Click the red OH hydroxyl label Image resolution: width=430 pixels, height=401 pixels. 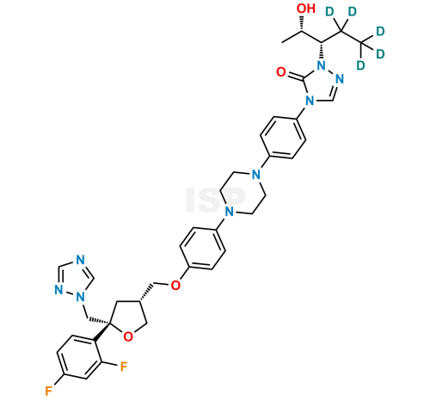click(306, 9)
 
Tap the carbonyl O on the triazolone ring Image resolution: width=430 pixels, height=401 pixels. click(281, 71)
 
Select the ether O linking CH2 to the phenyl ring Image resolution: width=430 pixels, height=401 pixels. click(175, 285)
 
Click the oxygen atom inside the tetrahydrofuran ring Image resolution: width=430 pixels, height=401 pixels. click(128, 336)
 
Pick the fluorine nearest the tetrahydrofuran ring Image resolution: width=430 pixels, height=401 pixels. click(124, 367)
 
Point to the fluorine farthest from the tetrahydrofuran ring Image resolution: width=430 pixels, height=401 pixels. click(48, 391)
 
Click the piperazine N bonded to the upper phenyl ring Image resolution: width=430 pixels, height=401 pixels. click(256, 174)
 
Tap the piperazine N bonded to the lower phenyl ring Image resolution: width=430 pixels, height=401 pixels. click(229, 212)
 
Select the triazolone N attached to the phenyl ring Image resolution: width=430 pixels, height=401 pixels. click(310, 101)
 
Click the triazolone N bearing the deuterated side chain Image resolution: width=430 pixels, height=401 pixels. click(322, 66)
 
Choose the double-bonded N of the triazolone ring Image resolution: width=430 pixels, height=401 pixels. click(340, 78)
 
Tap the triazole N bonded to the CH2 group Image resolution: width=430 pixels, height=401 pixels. click(81, 297)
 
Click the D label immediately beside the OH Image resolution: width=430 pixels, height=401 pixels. click(330, 12)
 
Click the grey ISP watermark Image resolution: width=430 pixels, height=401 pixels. click(216, 200)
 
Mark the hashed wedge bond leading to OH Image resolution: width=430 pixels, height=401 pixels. click(302, 23)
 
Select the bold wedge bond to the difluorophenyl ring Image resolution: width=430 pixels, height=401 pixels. click(101, 332)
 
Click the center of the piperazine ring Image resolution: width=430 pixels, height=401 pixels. click(243, 193)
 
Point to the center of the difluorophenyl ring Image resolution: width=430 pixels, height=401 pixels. click(79, 357)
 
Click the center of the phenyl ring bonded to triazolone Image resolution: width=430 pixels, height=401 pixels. click(283, 138)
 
